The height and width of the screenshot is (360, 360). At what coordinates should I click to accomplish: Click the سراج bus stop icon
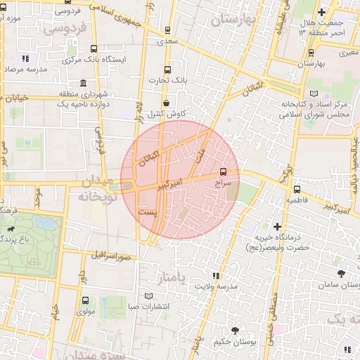click(224, 171)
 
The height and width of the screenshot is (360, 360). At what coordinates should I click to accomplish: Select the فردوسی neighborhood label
click(65, 29)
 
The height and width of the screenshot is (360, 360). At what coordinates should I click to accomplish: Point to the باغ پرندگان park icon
click(12, 229)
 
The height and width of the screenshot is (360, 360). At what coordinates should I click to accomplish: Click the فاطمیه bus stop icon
click(296, 189)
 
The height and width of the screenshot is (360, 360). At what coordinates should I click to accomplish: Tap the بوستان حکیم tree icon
click(233, 330)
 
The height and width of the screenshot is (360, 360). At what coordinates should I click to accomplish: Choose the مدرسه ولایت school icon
click(217, 276)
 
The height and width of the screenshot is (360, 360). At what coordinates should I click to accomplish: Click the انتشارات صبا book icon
click(148, 295)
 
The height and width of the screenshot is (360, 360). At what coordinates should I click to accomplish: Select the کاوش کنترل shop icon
click(166, 103)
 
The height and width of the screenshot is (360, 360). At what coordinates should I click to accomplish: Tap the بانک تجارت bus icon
click(167, 70)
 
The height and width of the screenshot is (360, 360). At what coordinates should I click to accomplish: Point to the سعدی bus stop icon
click(167, 31)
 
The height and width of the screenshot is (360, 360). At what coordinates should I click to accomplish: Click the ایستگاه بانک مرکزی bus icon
click(94, 49)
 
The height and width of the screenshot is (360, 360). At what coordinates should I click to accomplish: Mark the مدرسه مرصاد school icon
click(26, 59)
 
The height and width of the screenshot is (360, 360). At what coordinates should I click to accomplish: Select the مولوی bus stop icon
click(85, 300)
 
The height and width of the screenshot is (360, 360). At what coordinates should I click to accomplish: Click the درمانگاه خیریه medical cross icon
click(278, 226)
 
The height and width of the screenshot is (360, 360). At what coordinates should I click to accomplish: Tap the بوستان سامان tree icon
click(341, 274)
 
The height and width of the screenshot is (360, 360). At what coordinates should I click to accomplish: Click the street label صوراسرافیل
click(112, 254)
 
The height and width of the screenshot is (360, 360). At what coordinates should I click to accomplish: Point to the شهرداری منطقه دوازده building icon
click(84, 82)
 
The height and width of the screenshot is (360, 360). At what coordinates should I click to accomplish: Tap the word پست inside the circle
click(148, 211)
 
